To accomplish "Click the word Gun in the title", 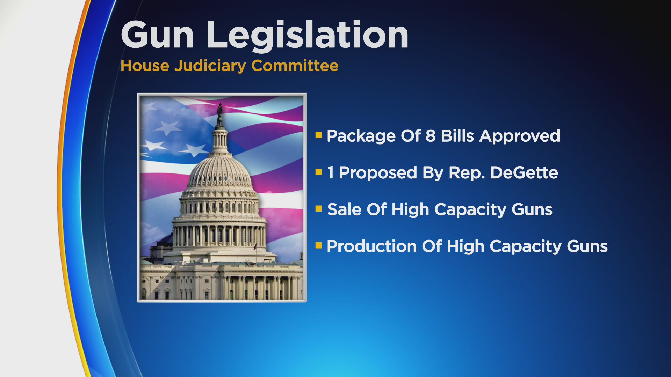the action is tap(157, 35).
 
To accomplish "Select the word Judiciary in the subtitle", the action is tap(210, 66).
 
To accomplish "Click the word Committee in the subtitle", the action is tap(295, 66).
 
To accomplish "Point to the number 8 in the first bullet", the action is tap(431, 136).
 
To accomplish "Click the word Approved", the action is tap(520, 136).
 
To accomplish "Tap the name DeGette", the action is tap(524, 172).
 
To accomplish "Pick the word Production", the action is tap(372, 246).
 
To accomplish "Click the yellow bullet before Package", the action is tap(318, 135).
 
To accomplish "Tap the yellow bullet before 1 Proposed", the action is tap(318, 171).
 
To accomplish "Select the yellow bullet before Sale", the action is tap(318, 208).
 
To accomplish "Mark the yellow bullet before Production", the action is tap(318, 245).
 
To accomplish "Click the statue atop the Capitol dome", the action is tap(219, 110).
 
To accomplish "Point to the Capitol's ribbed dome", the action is tap(219, 171).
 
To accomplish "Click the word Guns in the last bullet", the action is tap(587, 246).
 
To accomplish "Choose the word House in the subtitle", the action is tap(145, 66).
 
